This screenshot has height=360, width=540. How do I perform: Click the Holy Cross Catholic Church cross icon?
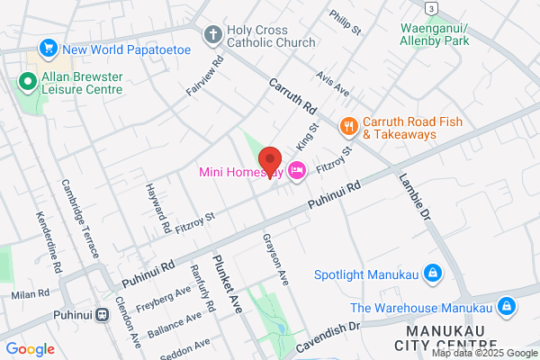coord(212,36)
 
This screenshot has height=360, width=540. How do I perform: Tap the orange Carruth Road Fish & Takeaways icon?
coord(346,127)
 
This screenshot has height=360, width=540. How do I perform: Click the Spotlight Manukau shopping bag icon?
coord(432,273)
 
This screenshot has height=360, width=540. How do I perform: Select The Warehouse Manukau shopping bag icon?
coord(507,306)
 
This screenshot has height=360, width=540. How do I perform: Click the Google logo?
coord(31,349)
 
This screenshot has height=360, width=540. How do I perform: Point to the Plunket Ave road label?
coord(229,282)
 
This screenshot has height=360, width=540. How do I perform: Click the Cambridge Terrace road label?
coord(79,218)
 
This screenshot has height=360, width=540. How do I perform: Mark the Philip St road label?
coord(344,23)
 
